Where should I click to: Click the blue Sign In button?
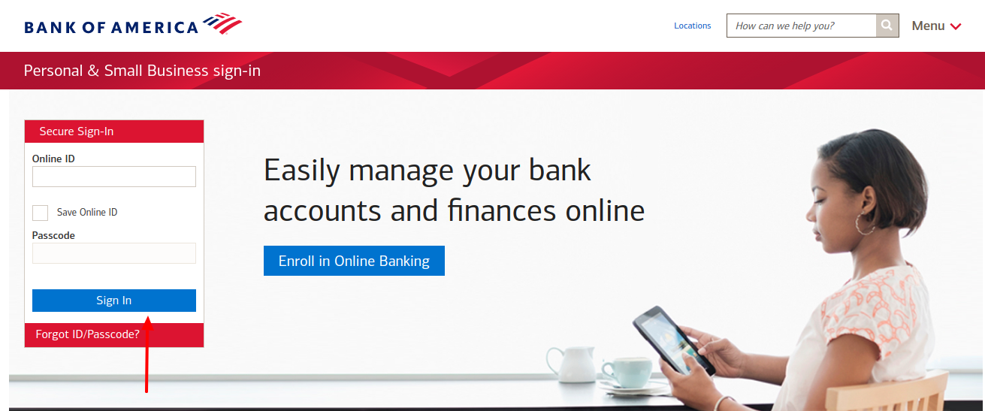113,301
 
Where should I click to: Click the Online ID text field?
113,177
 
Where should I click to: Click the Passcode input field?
113,253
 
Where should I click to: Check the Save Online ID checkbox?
41,213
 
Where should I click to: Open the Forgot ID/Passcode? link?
87,334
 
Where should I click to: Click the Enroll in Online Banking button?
354,261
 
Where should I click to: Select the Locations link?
692,26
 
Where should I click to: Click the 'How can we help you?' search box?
801,26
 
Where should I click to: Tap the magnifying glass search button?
887,26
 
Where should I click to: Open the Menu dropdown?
936,26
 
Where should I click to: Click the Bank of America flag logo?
222,24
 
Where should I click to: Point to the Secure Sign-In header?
77,131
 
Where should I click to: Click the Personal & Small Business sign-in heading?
142,71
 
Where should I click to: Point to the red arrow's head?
147,322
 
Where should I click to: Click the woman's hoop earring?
865,223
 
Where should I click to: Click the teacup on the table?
627,370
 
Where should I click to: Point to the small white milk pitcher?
563,363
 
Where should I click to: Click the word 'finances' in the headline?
496,210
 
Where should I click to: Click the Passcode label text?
53,235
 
